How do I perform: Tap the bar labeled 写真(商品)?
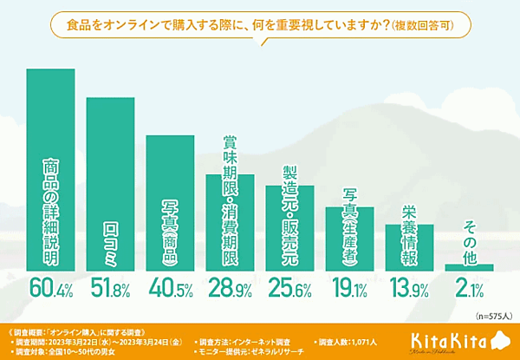[x=170, y=203]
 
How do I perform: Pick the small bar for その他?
[x=469, y=267]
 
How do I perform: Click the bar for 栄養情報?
[x=409, y=247]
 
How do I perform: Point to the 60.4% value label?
[x=51, y=287]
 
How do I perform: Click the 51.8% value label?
[x=110, y=287]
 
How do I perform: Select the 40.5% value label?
[x=170, y=287]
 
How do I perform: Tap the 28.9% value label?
[x=230, y=287]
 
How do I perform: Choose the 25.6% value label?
[x=289, y=287]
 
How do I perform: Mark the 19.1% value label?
[x=349, y=287]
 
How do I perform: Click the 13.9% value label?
[x=409, y=287]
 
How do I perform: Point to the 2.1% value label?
[x=469, y=287]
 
